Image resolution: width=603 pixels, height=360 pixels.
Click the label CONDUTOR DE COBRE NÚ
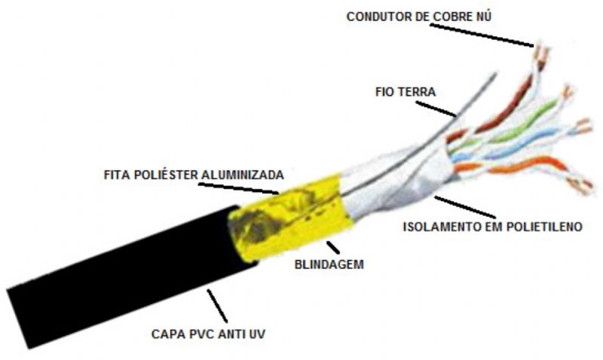tap(419, 17)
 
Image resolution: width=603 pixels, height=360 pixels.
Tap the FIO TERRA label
tap(406, 92)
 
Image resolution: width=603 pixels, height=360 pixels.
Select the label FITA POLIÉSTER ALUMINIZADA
tap(194, 175)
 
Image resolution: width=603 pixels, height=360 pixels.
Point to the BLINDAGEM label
tap(329, 264)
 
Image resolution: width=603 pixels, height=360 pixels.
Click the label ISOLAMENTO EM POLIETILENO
tap(493, 227)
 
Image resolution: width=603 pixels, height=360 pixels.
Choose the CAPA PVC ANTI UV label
tap(208, 334)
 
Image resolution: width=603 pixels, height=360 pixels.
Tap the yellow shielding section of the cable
tap(289, 218)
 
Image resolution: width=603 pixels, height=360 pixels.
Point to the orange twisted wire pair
tap(523, 169)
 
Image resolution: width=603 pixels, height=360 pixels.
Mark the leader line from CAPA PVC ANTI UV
tap(217, 306)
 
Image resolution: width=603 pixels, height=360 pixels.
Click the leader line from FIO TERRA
tap(436, 108)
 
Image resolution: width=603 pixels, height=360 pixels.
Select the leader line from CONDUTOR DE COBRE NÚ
tap(482, 35)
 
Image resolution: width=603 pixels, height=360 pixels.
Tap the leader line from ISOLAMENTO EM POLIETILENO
tap(465, 207)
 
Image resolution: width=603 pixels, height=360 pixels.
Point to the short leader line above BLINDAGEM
tap(333, 248)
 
